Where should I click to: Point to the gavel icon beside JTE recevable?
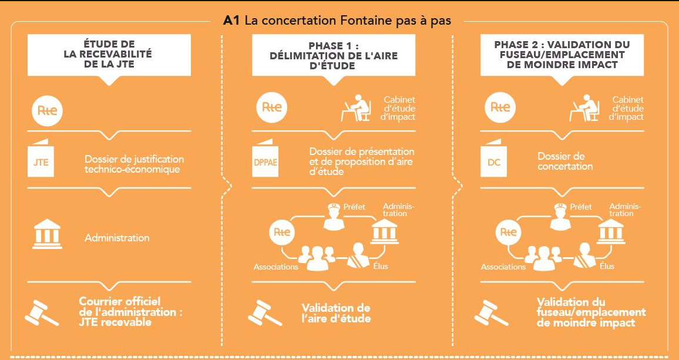click(41, 312)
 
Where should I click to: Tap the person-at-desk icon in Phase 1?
click(357, 107)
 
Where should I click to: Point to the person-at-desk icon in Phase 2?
click(585, 107)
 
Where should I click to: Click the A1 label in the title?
click(231, 21)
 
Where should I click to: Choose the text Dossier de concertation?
click(565, 162)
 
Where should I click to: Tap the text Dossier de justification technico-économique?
click(135, 164)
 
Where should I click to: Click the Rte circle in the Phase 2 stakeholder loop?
click(509, 232)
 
